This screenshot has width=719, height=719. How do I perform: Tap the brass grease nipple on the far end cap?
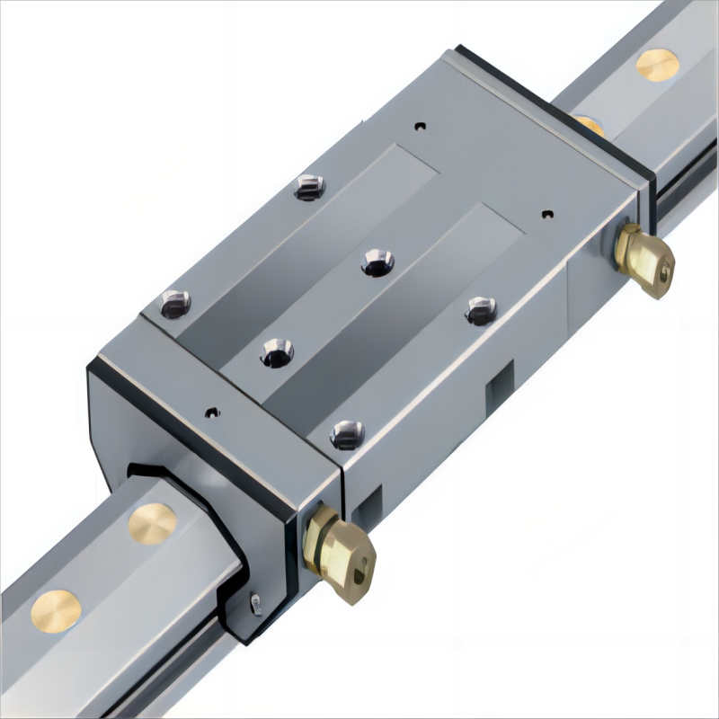644,258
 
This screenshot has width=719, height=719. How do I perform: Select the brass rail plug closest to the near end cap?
152,523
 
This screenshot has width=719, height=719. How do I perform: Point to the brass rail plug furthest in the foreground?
56,610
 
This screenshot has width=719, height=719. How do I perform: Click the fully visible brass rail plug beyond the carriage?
657,65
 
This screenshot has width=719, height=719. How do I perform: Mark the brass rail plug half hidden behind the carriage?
589,122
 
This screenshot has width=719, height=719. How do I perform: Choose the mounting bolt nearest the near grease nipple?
347,434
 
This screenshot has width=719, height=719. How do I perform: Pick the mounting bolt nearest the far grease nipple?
481,311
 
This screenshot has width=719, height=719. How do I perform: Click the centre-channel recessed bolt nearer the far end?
377,262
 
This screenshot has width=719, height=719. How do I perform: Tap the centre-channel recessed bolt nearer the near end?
277,351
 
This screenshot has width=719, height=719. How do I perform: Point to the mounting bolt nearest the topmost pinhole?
309,187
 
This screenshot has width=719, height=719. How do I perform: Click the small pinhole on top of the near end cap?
211,413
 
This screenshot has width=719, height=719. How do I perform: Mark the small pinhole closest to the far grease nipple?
547,214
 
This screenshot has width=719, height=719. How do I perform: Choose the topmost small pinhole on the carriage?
419,126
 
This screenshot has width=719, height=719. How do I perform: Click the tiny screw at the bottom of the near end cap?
256,604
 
